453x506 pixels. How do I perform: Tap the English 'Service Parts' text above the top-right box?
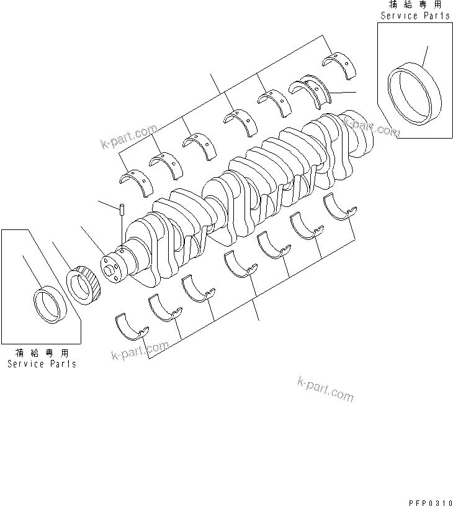(x=415, y=16)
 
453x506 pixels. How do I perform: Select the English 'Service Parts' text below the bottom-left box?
(x=42, y=364)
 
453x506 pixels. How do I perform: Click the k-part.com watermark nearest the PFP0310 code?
(x=325, y=389)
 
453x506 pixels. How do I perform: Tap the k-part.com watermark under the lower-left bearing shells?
(x=140, y=351)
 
